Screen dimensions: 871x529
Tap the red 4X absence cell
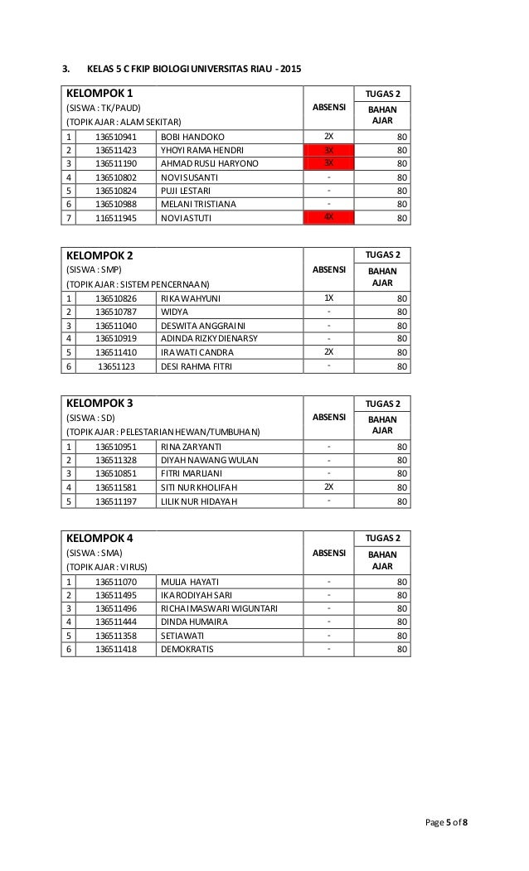[x=328, y=218]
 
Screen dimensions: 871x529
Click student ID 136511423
[x=114, y=150]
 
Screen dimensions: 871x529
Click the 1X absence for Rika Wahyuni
[x=328, y=298]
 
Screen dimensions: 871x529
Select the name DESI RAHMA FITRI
[x=197, y=365]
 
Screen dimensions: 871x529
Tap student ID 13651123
[x=114, y=365]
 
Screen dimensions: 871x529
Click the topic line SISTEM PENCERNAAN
[x=143, y=284]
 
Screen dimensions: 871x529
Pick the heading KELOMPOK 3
[x=98, y=403]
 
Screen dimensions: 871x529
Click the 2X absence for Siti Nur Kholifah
[x=328, y=487]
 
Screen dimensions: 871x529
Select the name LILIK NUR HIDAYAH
[x=199, y=501]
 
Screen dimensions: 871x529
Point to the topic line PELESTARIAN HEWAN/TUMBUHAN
[x=163, y=433]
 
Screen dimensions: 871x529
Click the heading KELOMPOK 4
[x=98, y=538]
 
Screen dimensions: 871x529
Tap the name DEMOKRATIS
[x=187, y=649]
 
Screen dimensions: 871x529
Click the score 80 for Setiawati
[x=402, y=636]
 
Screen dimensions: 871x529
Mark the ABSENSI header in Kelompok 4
[x=329, y=552]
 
